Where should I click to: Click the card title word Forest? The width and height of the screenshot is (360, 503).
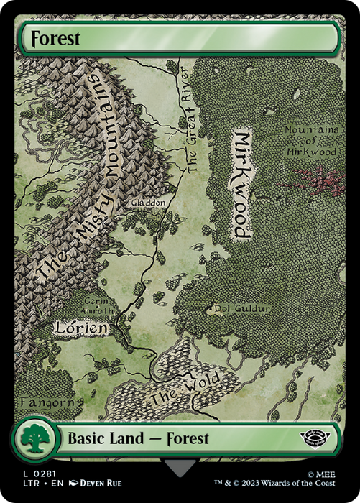52,37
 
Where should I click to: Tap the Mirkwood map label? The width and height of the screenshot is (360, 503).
242,185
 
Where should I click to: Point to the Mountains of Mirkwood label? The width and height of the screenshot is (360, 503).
310,142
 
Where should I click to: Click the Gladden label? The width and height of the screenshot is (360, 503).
149,203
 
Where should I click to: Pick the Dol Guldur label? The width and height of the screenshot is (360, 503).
242,309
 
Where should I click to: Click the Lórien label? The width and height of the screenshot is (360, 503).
81,328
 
